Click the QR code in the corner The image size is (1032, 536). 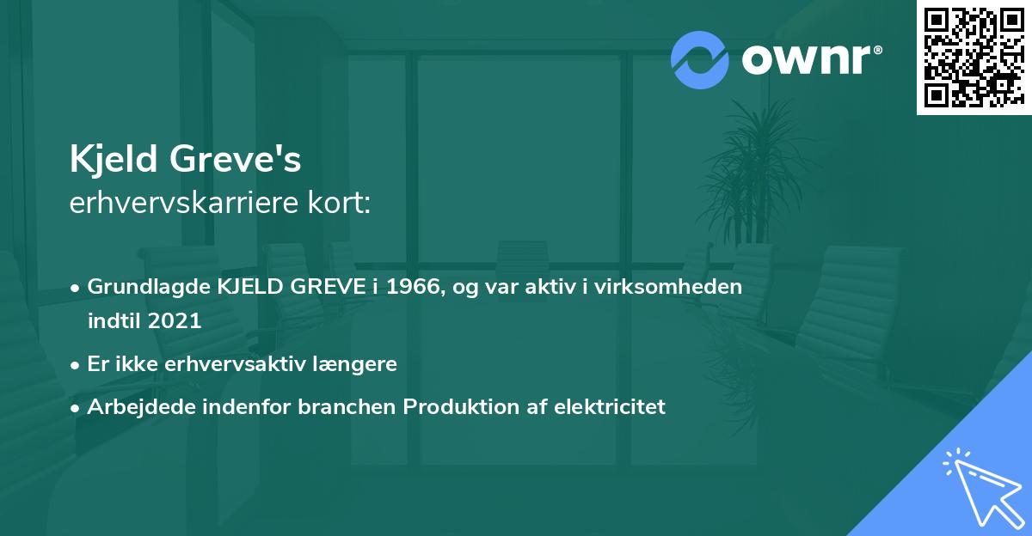(974, 57)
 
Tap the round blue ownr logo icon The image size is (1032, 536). (700, 59)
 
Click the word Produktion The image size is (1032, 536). (453, 407)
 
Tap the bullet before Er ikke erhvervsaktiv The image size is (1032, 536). (77, 364)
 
